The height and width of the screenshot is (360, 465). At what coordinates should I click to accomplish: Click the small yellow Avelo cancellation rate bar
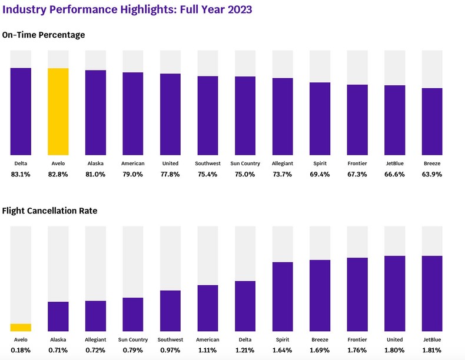click(x=21, y=328)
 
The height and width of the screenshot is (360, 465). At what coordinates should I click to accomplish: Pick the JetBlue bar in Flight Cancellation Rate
click(x=433, y=294)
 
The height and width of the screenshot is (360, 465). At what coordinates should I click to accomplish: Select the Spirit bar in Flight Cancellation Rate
click(x=283, y=296)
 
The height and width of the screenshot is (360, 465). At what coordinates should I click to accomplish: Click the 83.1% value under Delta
click(x=21, y=174)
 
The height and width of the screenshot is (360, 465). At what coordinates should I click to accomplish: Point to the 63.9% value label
click(x=433, y=174)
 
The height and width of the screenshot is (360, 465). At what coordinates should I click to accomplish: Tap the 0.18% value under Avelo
click(x=21, y=350)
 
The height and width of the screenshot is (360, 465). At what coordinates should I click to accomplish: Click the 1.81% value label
click(x=433, y=350)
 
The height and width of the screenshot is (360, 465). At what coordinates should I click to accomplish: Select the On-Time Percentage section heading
click(x=44, y=35)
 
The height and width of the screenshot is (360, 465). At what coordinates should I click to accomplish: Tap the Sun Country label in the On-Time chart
click(x=245, y=164)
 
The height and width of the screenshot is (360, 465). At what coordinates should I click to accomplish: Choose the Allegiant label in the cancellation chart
click(x=95, y=339)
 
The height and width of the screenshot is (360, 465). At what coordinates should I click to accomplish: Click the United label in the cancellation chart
click(x=395, y=339)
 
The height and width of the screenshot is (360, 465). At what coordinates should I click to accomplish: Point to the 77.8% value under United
click(x=171, y=174)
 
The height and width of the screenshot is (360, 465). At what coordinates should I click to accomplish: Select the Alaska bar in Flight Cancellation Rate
click(x=58, y=316)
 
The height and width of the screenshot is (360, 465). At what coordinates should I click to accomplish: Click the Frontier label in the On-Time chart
click(x=358, y=164)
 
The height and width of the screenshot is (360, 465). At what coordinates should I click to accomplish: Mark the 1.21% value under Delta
click(x=245, y=350)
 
